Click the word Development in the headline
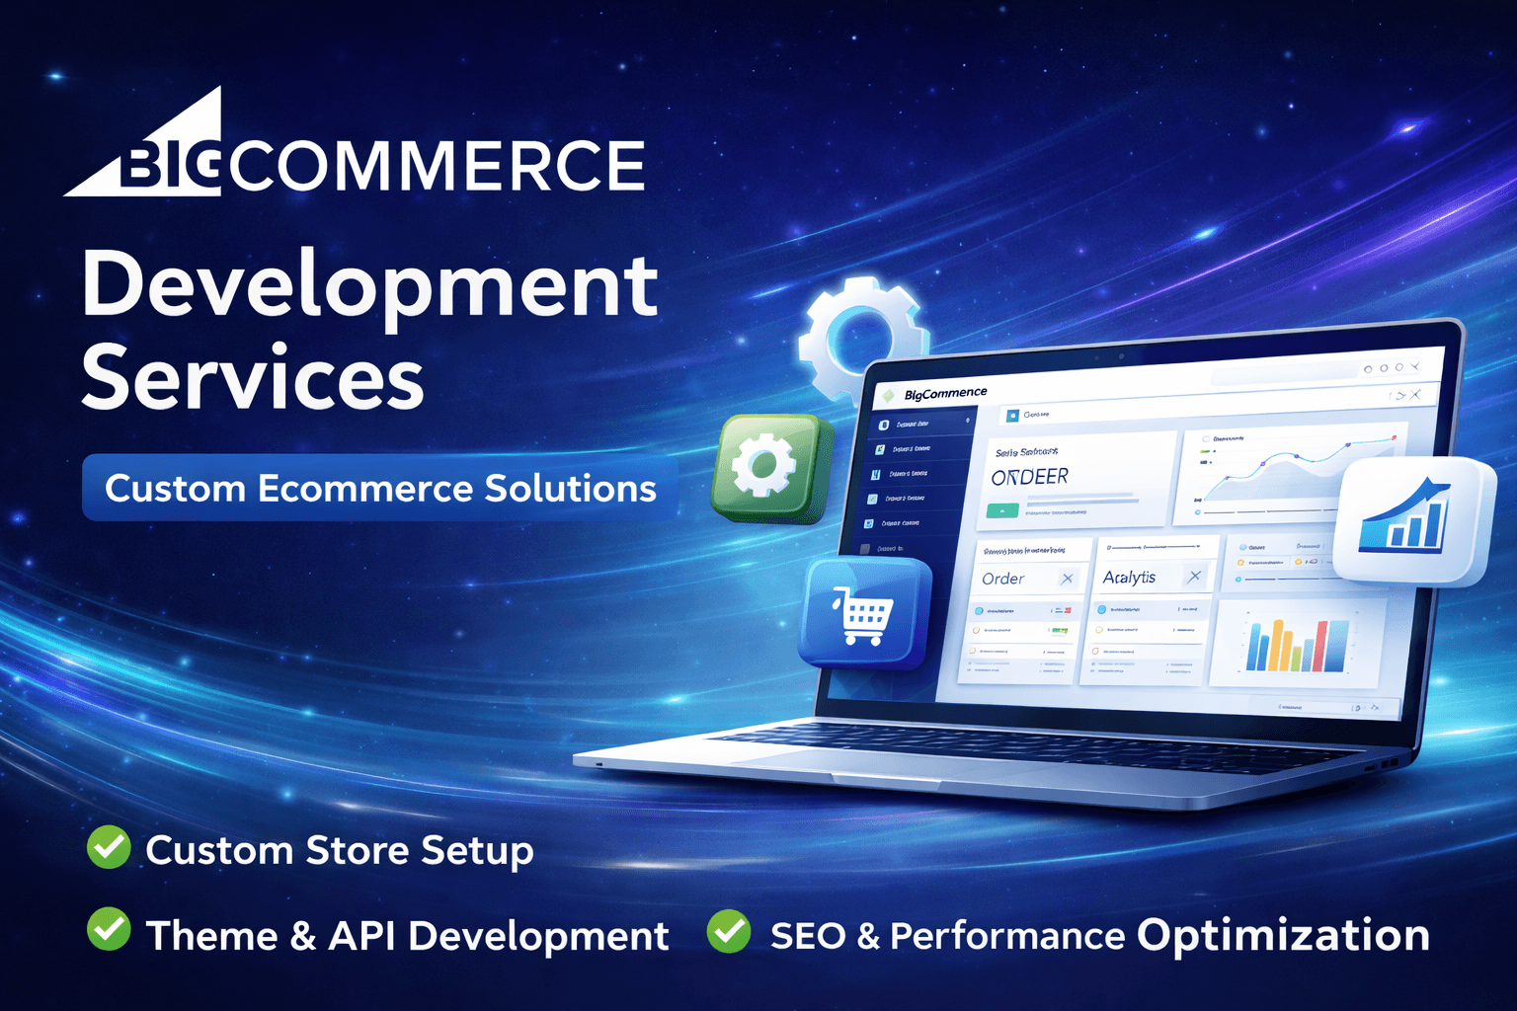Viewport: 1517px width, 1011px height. (x=369, y=286)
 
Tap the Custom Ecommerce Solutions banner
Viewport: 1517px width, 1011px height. (x=380, y=488)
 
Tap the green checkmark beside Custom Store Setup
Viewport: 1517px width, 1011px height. (x=109, y=848)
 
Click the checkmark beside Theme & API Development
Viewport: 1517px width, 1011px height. (x=109, y=930)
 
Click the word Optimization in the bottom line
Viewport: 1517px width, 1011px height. (x=1282, y=935)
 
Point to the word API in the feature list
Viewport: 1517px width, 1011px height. (x=362, y=936)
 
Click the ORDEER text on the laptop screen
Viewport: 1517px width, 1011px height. (x=1029, y=477)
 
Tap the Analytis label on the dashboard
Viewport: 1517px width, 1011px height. (x=1129, y=577)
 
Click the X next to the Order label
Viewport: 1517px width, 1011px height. (x=1067, y=579)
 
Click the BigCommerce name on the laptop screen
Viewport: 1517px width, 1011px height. (x=945, y=393)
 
